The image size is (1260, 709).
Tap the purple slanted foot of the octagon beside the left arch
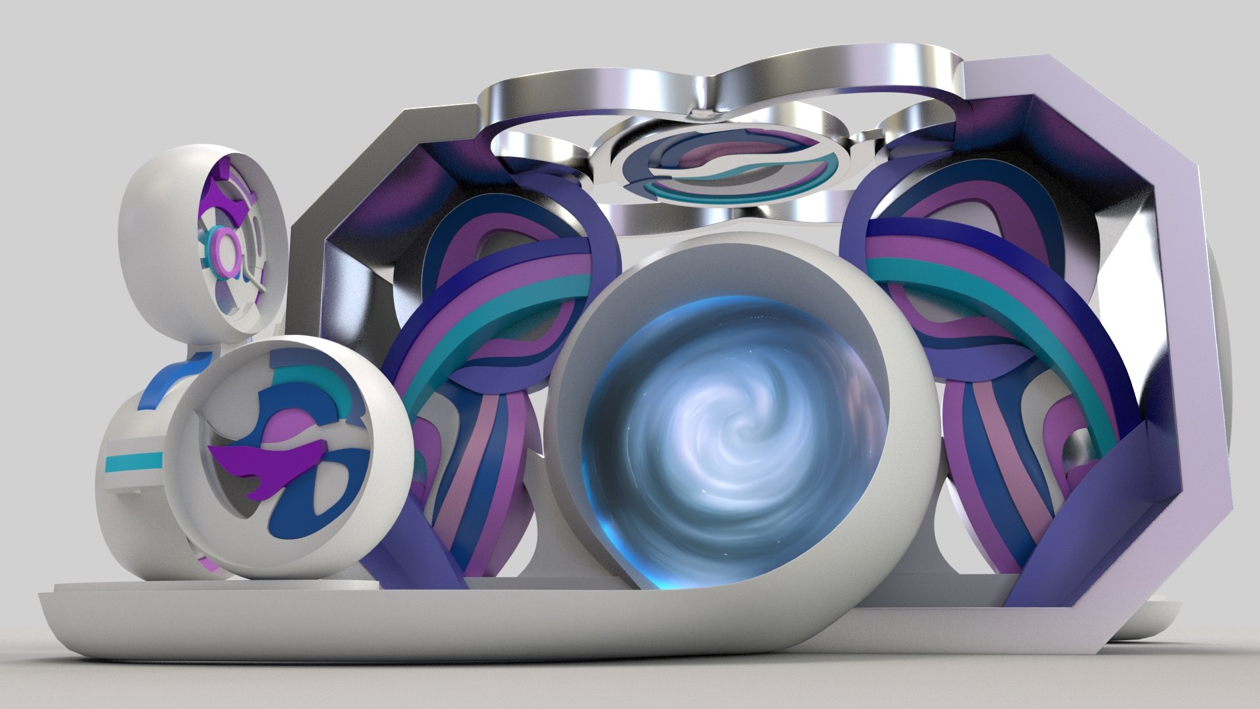420,538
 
